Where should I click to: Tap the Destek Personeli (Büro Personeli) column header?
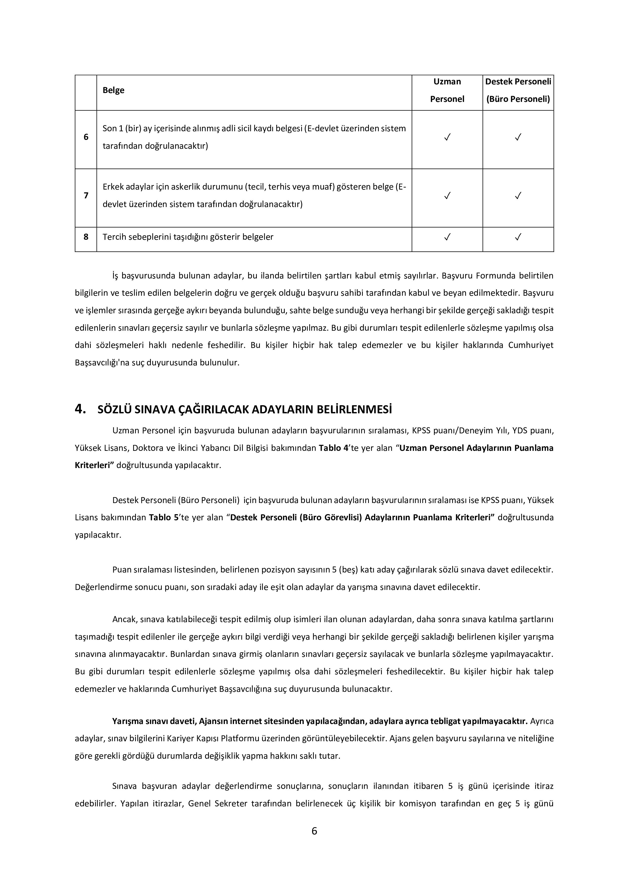coord(518,90)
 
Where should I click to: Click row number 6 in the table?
coord(86,137)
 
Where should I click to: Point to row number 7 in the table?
coord(86,196)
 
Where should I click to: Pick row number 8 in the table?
coord(86,237)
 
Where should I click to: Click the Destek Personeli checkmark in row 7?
coord(518,196)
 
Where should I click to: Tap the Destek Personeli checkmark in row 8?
coord(518,237)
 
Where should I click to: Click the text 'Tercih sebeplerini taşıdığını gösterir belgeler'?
coord(188,237)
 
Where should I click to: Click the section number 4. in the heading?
coord(80,409)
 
